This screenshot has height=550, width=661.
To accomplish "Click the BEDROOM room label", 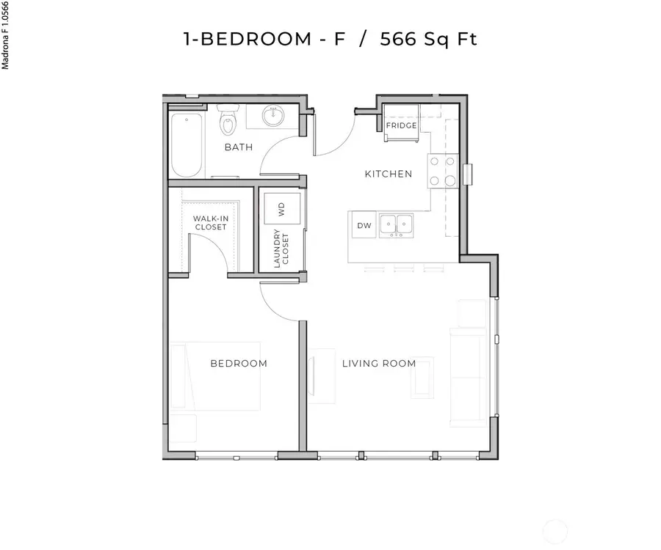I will point(238,363).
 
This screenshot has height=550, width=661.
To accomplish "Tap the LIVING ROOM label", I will point(378,363).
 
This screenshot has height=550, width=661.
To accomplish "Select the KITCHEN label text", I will point(389,174).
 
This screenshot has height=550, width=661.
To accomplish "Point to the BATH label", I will point(238,147).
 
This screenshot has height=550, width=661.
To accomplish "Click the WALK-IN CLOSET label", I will point(210,222).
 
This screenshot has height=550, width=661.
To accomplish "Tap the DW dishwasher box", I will point(364,225).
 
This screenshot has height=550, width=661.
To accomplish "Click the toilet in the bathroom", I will point(228,122).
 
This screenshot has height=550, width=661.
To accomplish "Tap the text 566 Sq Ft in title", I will point(428,39).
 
